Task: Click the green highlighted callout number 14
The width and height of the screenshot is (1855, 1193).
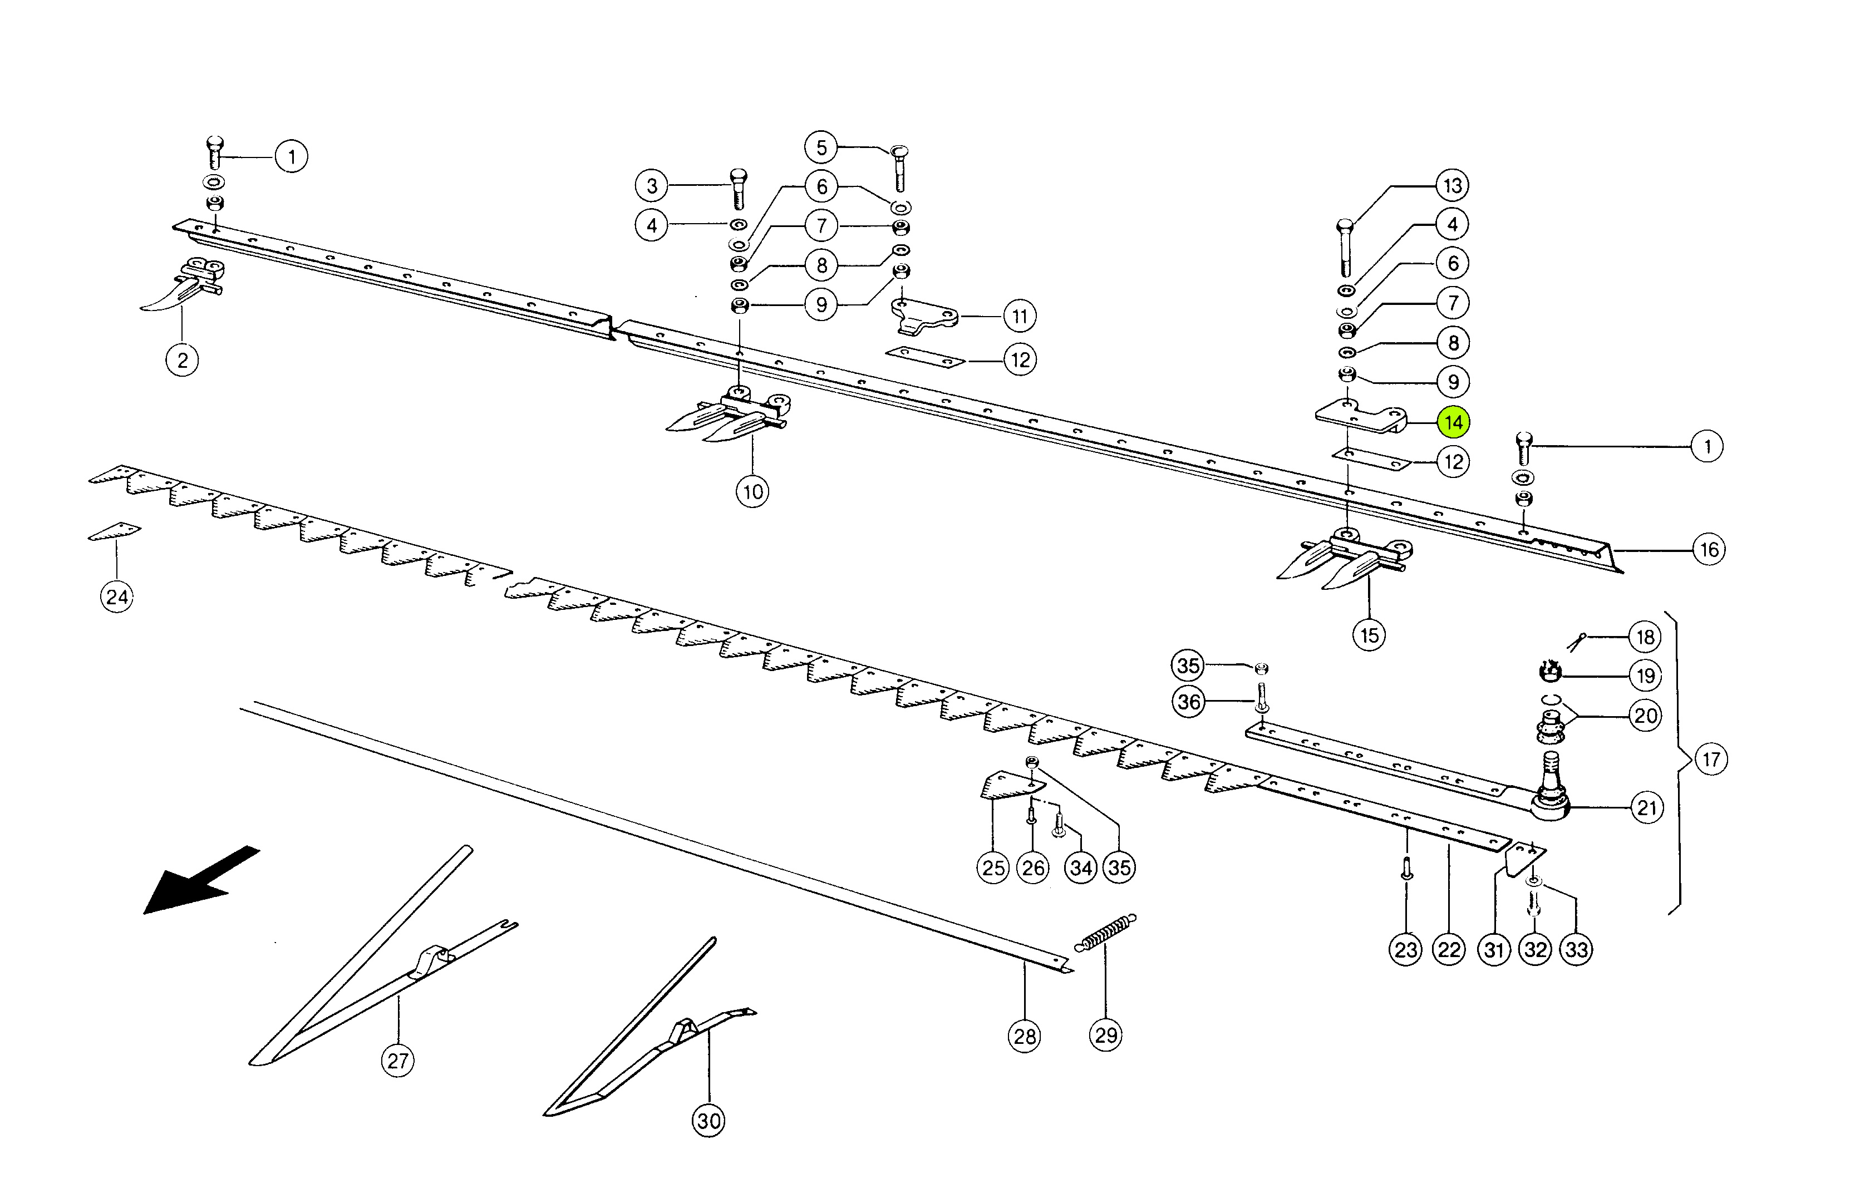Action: [1452, 422]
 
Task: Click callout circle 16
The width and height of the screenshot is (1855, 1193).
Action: [1709, 550]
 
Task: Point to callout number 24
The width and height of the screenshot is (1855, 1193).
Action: [116, 596]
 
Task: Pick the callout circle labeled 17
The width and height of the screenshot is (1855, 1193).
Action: [1711, 758]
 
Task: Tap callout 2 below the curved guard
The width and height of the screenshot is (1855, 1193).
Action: [182, 360]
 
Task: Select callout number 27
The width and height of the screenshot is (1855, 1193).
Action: [397, 1061]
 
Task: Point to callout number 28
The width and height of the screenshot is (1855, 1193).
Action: [1025, 1036]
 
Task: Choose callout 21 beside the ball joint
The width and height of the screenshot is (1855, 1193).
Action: [1646, 808]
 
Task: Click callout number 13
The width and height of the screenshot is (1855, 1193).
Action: [1452, 185]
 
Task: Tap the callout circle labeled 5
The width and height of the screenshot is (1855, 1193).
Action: [821, 147]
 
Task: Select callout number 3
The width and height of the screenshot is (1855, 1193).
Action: [652, 186]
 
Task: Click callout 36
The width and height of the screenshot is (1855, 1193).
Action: [1189, 702]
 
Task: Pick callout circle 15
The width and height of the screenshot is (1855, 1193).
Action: [1369, 635]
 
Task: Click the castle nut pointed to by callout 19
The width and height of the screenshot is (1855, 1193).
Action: [1549, 672]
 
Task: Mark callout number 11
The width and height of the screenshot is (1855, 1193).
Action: [1020, 316]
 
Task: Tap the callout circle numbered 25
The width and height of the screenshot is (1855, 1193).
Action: [993, 867]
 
